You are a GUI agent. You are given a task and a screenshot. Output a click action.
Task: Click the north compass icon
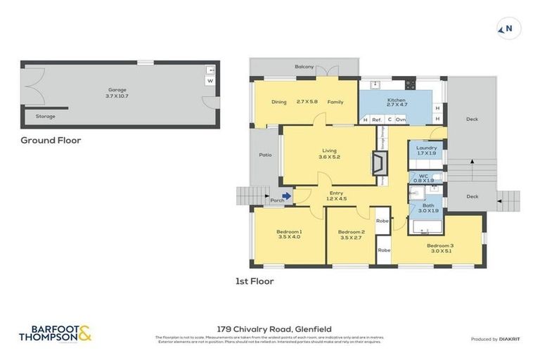[x=508, y=28]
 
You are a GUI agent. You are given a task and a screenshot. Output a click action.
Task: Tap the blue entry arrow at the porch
[x=287, y=197]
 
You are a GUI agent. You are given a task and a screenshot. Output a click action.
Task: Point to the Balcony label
[x=304, y=67]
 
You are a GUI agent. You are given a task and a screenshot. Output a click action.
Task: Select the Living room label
[x=329, y=149]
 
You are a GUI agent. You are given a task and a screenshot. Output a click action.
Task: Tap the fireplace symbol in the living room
[x=378, y=164]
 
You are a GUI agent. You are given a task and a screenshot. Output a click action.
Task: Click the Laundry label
[x=426, y=148]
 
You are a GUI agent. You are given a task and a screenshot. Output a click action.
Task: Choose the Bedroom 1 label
[x=289, y=232]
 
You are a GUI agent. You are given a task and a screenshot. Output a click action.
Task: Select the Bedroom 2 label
[x=351, y=232]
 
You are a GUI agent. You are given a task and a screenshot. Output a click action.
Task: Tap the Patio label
[x=265, y=155]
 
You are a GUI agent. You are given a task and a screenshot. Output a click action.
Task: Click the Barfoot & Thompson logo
[x=55, y=333]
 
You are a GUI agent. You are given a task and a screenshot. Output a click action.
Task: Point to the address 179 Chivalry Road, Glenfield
[x=275, y=328]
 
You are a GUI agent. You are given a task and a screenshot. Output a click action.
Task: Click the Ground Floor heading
[x=51, y=141]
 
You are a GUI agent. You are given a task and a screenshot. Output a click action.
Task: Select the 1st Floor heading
[x=255, y=281]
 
